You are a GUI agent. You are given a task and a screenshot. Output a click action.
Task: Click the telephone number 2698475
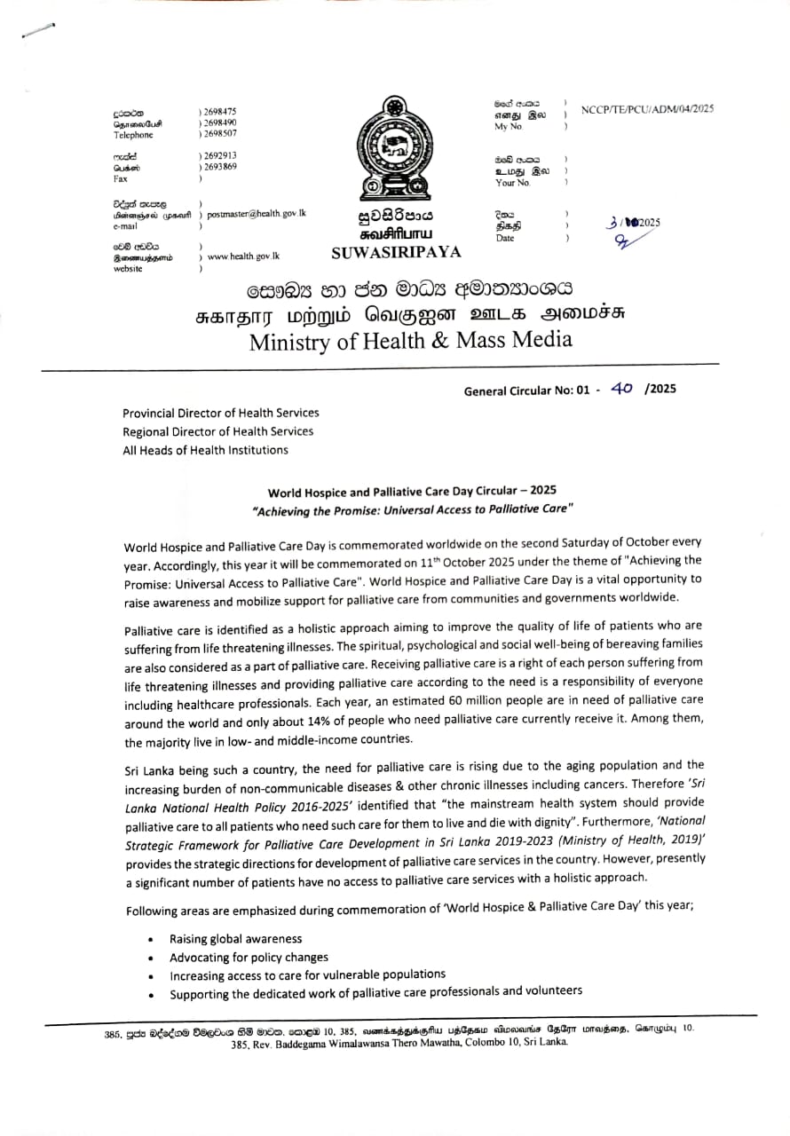(220, 112)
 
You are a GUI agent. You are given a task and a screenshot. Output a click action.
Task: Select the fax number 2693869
(220, 167)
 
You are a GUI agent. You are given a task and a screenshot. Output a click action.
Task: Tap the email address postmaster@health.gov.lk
(257, 214)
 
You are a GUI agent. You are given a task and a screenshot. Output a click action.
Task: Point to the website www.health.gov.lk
(243, 256)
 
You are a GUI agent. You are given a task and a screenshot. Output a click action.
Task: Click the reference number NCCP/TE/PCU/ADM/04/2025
(647, 109)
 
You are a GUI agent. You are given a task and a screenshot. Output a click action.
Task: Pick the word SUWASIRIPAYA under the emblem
(396, 252)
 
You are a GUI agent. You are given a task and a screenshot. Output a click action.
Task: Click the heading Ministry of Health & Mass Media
(410, 340)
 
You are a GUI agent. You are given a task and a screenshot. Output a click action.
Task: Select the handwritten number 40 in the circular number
(621, 388)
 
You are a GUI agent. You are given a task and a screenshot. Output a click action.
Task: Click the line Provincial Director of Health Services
(220, 413)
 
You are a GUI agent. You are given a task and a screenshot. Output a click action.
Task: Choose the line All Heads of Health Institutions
(205, 450)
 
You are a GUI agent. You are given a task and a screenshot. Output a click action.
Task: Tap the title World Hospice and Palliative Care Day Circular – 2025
(413, 491)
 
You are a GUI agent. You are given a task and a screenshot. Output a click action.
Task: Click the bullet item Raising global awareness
(235, 938)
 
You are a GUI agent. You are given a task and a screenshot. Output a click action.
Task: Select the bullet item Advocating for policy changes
(249, 957)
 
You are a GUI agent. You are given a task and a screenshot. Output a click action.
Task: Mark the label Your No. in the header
(512, 183)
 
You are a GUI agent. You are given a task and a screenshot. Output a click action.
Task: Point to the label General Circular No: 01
(526, 390)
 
